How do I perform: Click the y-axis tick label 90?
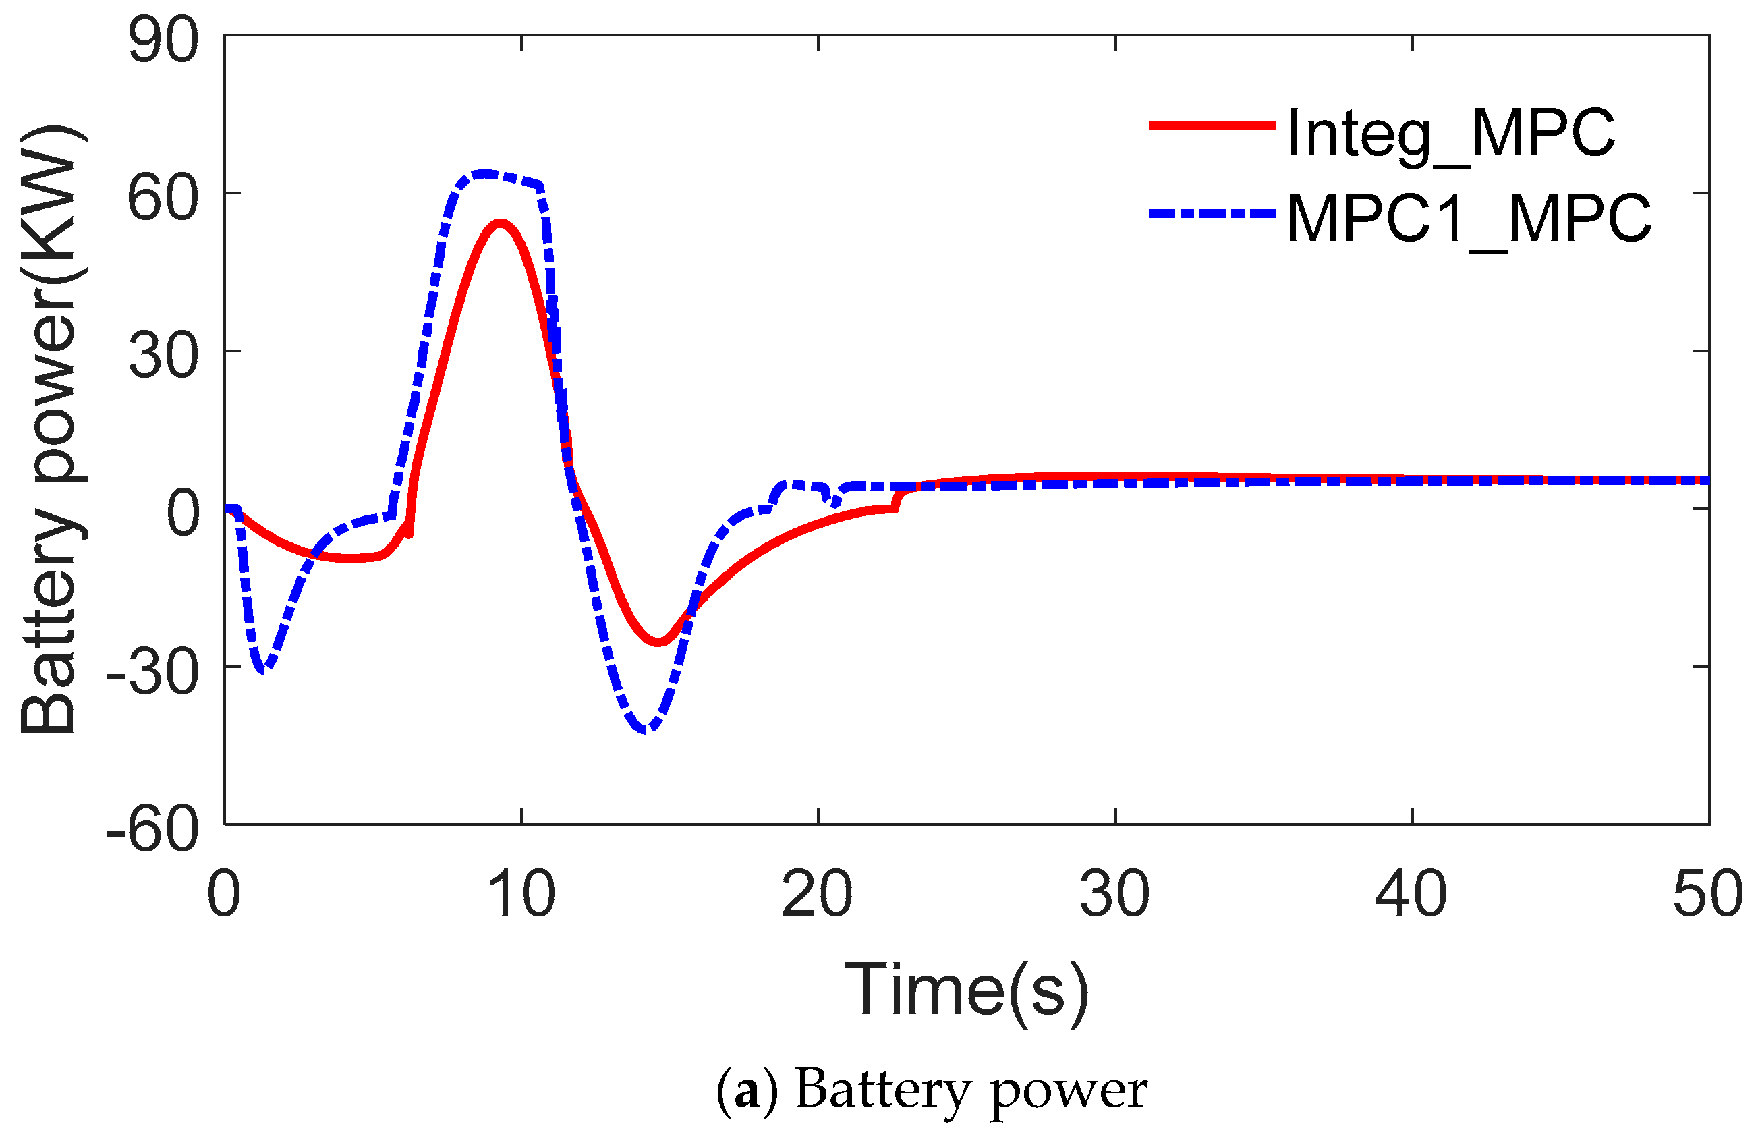coord(163,41)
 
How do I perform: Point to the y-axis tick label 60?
coord(163,198)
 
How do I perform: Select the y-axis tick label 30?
coord(163,356)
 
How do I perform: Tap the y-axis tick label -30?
coord(152,672)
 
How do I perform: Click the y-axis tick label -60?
coord(152,830)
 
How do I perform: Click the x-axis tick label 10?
coord(521,895)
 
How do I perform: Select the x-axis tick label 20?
coord(818,895)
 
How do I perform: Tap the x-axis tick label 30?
coord(1115,895)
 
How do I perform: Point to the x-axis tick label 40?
coord(1411,895)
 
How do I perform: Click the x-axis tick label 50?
coord(1709,895)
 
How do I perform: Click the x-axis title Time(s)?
coord(967,990)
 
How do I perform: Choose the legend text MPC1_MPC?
coord(1469,219)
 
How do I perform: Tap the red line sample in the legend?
coord(1212,126)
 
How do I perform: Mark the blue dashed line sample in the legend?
coord(1212,213)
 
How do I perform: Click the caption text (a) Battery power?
coord(932,1090)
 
